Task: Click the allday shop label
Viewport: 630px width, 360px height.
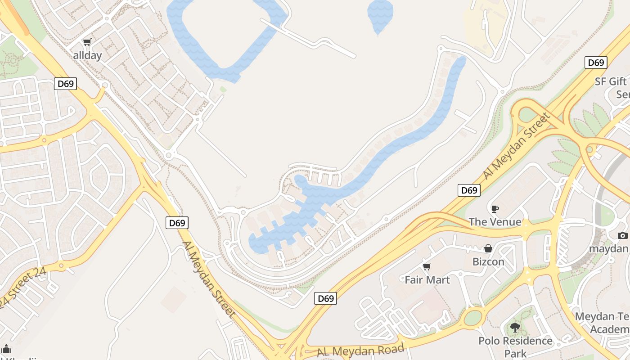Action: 87,55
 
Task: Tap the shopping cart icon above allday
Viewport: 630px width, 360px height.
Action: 87,42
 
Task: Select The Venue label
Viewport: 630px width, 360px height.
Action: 495,222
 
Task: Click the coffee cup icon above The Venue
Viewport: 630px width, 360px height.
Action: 495,209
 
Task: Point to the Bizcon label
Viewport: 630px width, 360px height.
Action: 488,261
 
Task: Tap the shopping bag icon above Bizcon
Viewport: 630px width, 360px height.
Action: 488,248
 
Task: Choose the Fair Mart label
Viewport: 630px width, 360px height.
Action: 427,280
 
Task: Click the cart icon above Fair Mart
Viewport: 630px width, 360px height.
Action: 427,267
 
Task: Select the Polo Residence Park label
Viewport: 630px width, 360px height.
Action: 515,346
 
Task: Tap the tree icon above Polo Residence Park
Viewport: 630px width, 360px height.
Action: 515,328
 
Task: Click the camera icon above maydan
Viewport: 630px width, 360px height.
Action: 622,235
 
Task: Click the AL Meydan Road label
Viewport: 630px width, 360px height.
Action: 360,350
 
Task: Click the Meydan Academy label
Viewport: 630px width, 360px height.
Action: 603,323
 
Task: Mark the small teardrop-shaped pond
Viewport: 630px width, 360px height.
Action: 380,15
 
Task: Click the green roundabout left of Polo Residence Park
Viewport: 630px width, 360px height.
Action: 472,318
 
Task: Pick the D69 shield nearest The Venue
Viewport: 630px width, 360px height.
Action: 469,190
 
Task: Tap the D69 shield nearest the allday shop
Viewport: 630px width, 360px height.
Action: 66,84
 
